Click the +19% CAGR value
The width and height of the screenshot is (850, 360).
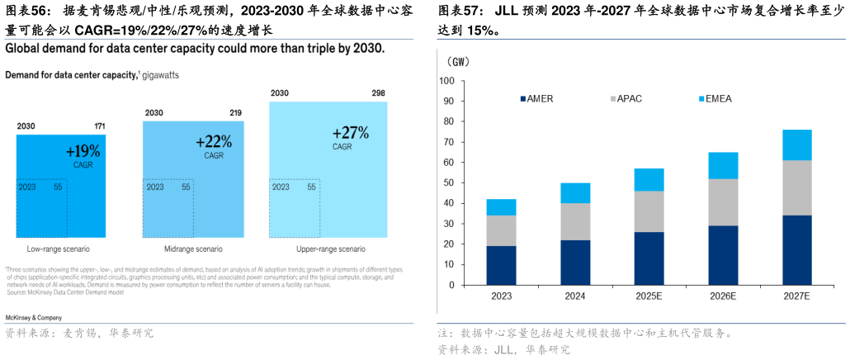(83, 151)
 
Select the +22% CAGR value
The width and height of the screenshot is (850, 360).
(213, 142)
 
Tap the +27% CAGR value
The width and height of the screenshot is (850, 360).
(350, 133)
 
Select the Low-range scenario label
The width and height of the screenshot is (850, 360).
(58, 249)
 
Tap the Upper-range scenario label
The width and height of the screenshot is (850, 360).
(330, 249)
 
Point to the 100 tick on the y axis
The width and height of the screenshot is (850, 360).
(447, 81)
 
